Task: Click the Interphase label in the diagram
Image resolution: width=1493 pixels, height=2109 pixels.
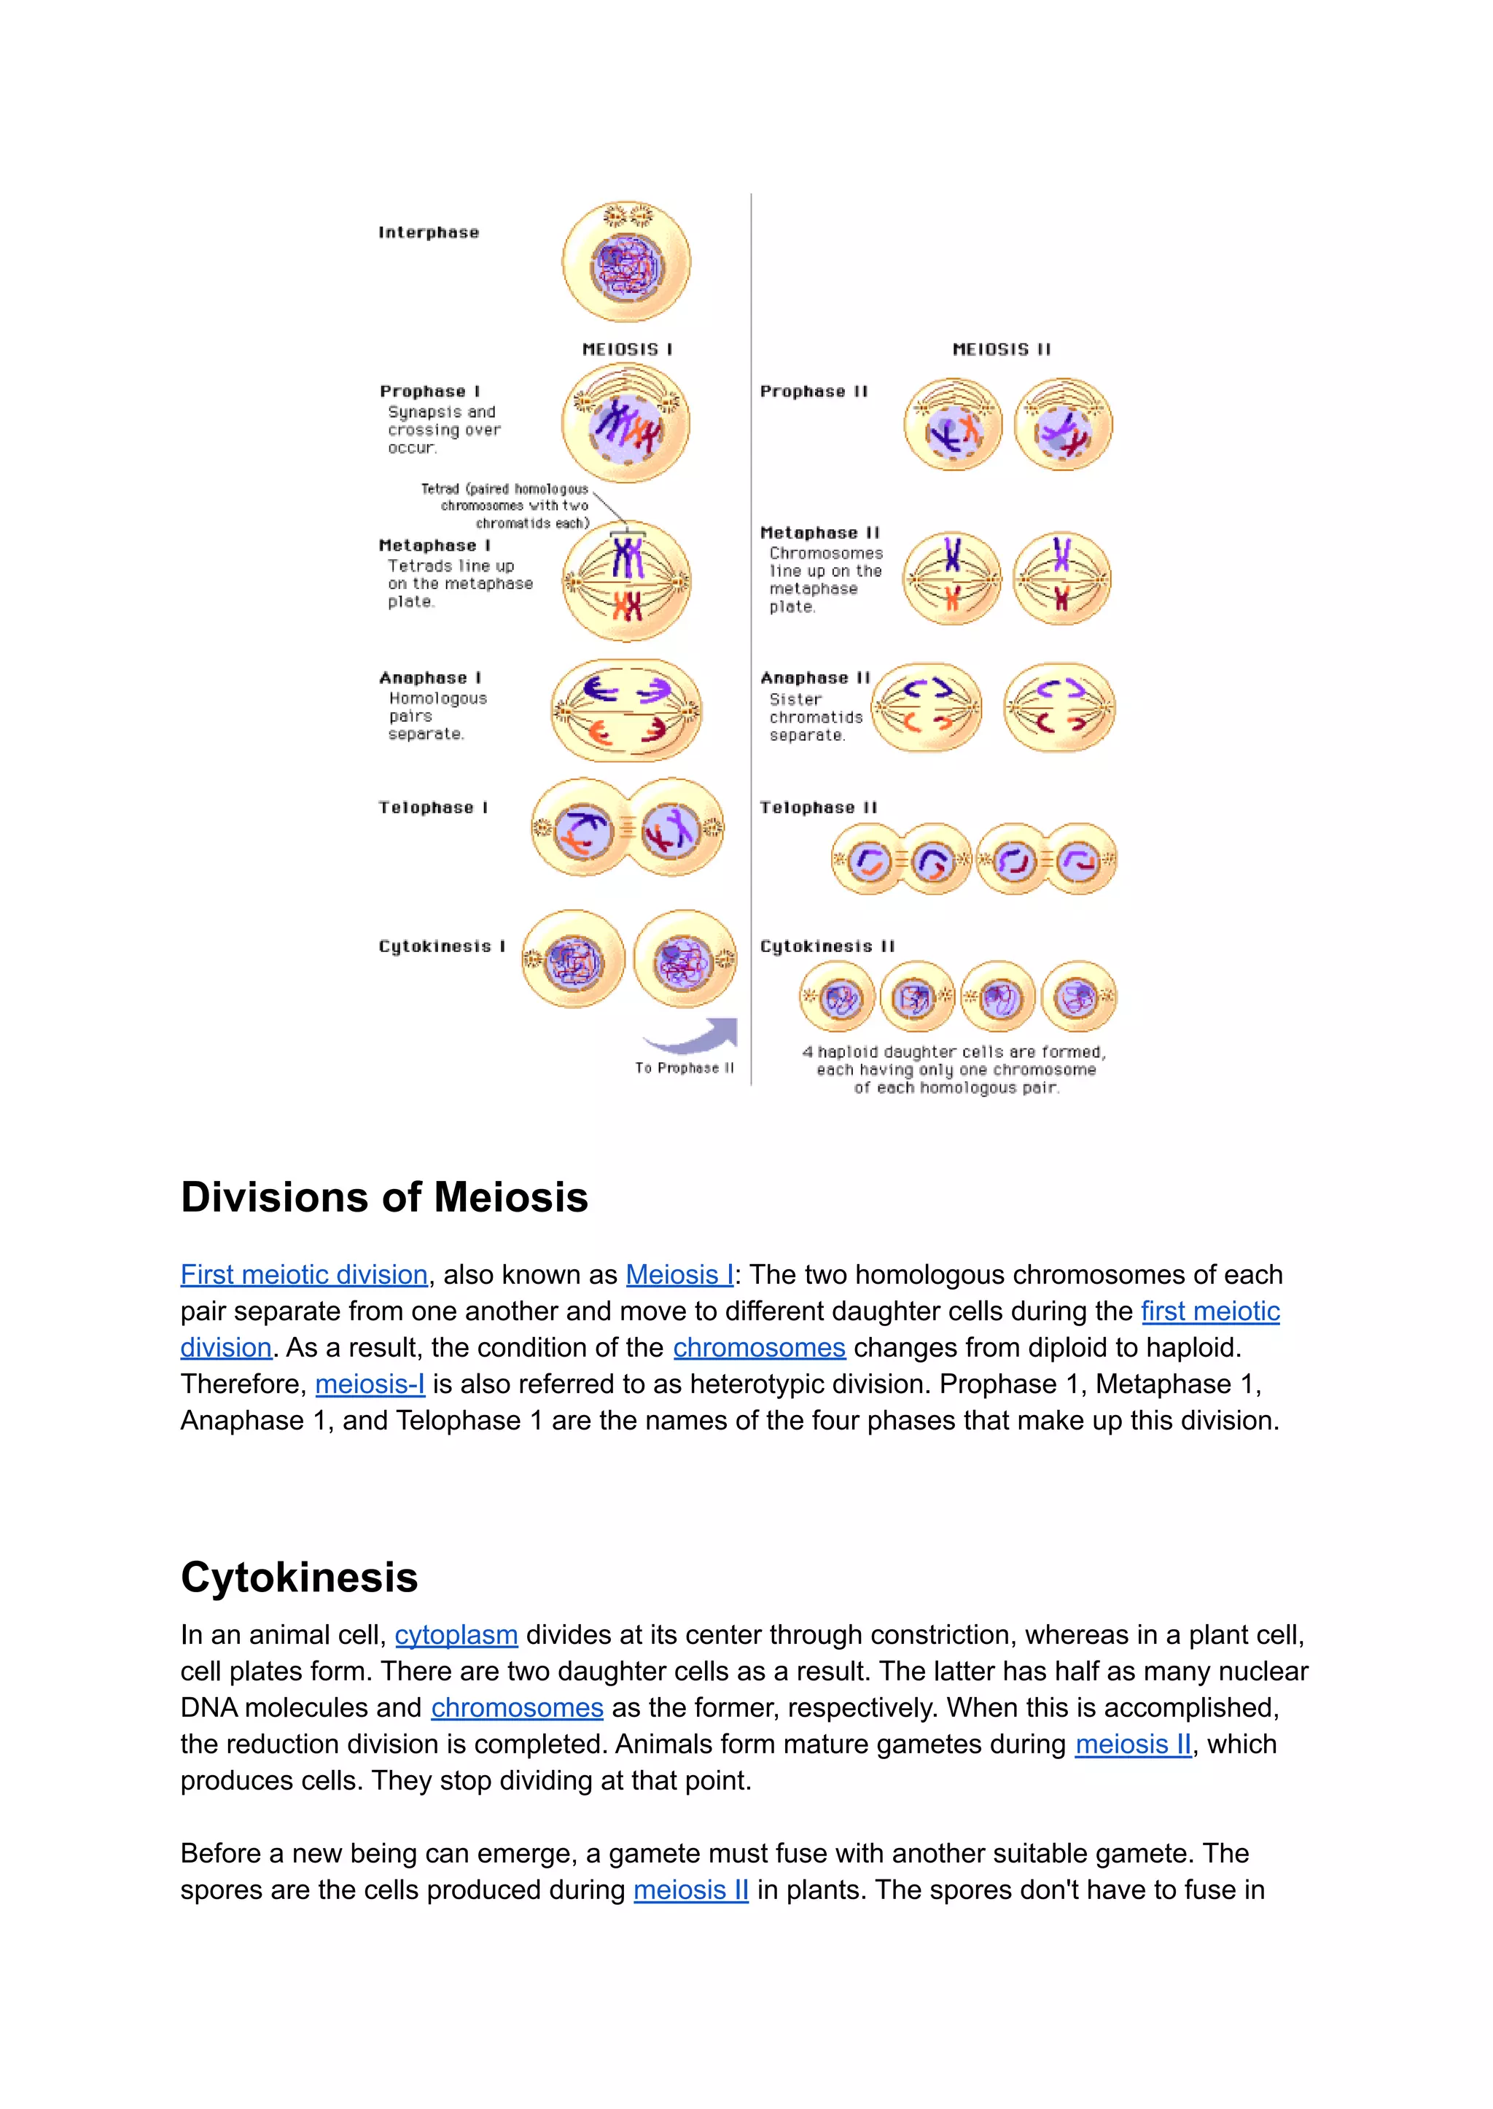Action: click(429, 233)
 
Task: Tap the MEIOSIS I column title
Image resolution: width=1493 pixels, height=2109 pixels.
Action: click(627, 349)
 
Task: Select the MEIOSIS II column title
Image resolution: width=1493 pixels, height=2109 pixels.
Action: click(1001, 349)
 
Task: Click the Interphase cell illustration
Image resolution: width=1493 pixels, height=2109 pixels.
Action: click(626, 263)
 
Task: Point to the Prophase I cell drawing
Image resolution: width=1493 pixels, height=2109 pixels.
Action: click(626, 424)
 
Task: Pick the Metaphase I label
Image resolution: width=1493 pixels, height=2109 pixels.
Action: click(434, 545)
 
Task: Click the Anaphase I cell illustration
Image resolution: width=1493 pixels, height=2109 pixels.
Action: click(626, 711)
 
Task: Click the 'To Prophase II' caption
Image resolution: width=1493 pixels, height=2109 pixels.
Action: click(684, 1068)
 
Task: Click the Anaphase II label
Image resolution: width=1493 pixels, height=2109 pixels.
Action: click(814, 677)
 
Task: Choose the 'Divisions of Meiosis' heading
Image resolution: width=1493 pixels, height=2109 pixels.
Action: click(384, 1197)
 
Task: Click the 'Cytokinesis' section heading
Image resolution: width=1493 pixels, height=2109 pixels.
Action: click(299, 1577)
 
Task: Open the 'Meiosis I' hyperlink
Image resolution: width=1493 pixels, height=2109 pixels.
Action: click(679, 1274)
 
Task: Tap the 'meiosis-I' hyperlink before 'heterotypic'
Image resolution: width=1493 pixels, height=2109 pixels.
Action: click(370, 1384)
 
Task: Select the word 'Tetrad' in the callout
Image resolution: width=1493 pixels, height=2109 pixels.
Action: click(440, 489)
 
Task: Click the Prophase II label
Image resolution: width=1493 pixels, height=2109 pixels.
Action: click(814, 391)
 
